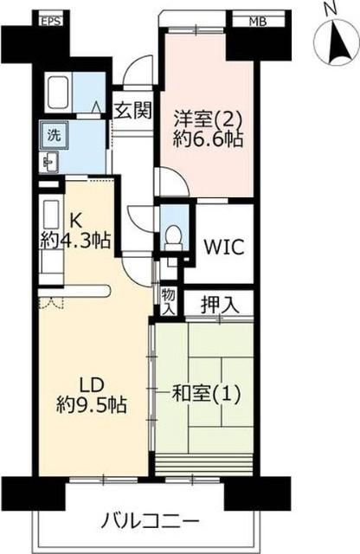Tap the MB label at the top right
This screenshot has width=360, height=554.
(257, 22)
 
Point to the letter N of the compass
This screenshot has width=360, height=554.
(329, 9)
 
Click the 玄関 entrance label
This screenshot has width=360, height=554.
(133, 110)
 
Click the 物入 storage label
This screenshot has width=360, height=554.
(168, 300)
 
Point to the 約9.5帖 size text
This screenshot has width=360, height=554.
(90, 404)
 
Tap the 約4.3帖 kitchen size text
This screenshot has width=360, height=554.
(75, 240)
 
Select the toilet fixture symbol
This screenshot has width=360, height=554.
(172, 235)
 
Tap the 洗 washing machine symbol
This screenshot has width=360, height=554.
(53, 135)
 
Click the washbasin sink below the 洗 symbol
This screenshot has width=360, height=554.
(49, 161)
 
